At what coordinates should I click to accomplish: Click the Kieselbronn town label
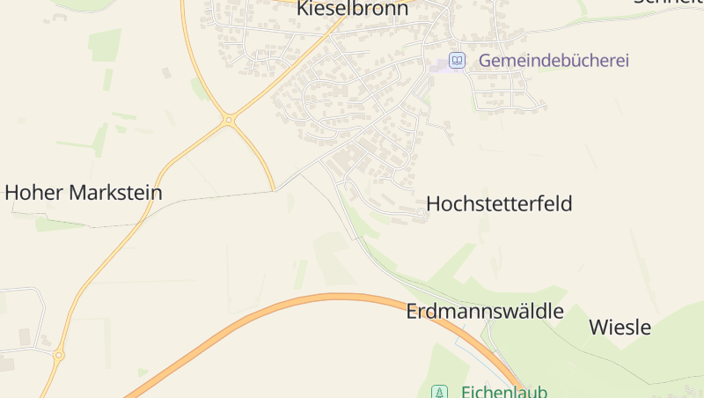[x=353, y=9]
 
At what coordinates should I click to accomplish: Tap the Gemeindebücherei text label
[x=554, y=61]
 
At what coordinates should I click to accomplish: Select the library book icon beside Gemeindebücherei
[x=457, y=60]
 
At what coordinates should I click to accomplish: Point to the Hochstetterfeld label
[x=499, y=203]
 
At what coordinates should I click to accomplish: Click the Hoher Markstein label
[x=84, y=192]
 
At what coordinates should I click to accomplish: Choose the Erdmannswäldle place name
[x=484, y=311]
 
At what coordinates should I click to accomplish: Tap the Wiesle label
[x=620, y=328]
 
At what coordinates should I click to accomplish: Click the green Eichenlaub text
[x=504, y=392]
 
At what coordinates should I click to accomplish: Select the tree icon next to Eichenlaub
[x=438, y=392]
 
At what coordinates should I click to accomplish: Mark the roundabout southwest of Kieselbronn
[x=229, y=119]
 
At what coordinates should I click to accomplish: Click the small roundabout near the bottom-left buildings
[x=59, y=356]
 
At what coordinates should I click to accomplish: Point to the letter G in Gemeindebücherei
[x=485, y=61]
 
